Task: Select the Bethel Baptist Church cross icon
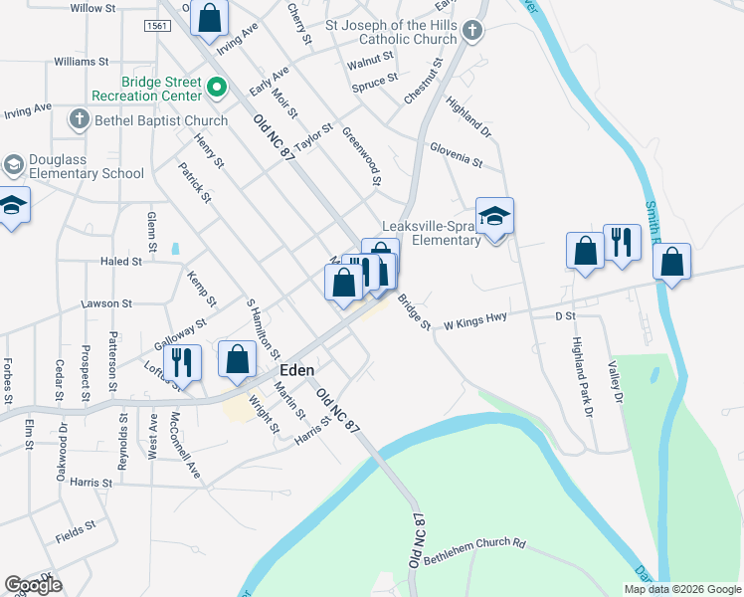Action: point(79,120)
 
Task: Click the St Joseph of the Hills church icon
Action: point(473,32)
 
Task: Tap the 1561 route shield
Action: point(154,25)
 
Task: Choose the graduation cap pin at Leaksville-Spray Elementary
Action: point(494,217)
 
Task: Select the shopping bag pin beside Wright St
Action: point(238,361)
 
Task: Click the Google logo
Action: point(33,585)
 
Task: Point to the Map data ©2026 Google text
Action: point(682,589)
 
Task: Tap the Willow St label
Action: point(93,8)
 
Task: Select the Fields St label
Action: point(76,530)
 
